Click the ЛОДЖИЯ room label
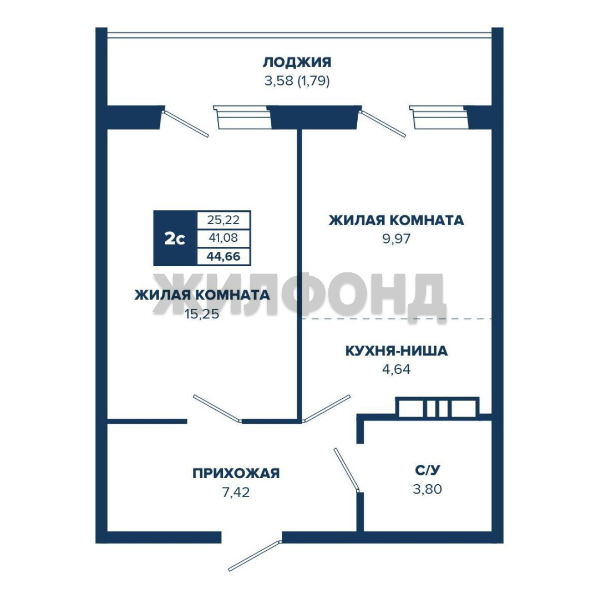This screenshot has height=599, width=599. click(297, 62)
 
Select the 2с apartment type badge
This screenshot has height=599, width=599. click(175, 238)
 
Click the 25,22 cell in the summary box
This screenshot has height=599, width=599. click(224, 220)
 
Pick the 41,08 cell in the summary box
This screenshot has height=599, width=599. click(224, 238)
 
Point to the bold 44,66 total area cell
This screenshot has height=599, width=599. click(224, 256)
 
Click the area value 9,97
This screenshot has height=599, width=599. click(396, 238)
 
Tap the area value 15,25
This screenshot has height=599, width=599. click(202, 314)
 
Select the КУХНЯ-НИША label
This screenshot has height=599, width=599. click(396, 351)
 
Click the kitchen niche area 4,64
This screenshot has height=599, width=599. click(396, 369)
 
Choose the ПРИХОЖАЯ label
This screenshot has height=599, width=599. click(236, 473)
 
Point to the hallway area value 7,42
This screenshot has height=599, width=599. click(236, 492)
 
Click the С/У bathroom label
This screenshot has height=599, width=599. click(428, 470)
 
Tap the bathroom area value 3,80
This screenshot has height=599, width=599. click(428, 489)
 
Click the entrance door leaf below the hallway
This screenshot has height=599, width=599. click(255, 556)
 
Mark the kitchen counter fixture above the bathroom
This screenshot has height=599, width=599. click(437, 408)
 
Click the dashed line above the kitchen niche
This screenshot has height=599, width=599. click(397, 318)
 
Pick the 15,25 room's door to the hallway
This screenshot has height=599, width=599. click(217, 409)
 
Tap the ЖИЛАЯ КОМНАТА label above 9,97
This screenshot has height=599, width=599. click(396, 220)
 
